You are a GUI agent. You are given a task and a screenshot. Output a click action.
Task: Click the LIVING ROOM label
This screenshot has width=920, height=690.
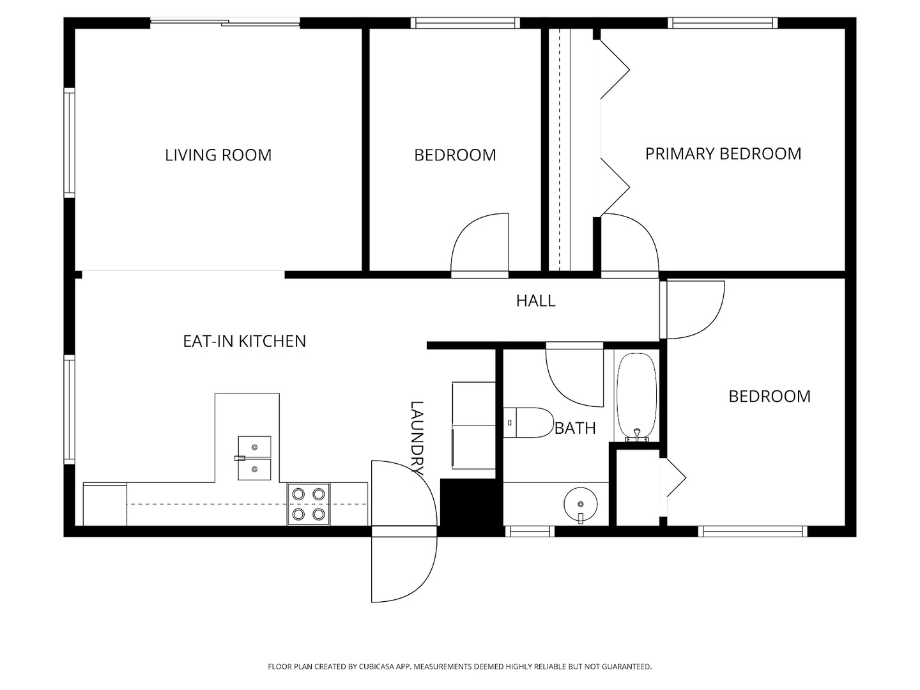(218, 155)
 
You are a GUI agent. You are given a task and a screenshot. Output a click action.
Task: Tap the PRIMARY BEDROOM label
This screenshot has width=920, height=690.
(723, 154)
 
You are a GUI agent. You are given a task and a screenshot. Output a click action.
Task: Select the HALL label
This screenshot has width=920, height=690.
(535, 300)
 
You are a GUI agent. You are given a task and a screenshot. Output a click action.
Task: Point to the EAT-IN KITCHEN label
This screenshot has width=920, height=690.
(244, 341)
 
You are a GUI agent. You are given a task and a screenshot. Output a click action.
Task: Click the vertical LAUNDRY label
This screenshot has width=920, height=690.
(417, 438)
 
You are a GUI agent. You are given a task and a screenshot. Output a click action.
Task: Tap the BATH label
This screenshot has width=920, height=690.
(575, 428)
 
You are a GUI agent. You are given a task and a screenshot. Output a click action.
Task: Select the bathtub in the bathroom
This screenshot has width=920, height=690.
(637, 397)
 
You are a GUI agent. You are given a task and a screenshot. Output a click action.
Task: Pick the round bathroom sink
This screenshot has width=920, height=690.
(581, 505)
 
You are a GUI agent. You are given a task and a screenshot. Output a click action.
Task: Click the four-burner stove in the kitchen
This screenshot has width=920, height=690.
(309, 504)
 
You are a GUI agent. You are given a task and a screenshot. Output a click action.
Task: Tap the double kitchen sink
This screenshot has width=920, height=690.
(254, 458)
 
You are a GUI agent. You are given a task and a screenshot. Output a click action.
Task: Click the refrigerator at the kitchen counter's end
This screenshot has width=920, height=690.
(105, 504)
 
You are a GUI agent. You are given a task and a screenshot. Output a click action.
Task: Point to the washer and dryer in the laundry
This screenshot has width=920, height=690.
(473, 425)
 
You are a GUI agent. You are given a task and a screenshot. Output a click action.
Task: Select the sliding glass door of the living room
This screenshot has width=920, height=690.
(225, 22)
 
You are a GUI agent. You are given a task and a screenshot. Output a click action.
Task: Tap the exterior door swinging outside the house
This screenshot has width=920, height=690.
(404, 570)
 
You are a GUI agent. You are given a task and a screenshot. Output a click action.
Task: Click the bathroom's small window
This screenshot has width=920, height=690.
(530, 531)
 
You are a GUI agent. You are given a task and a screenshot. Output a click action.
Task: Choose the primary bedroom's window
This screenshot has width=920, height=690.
(723, 22)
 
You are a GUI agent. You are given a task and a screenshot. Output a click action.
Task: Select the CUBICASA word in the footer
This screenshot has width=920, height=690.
(376, 666)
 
